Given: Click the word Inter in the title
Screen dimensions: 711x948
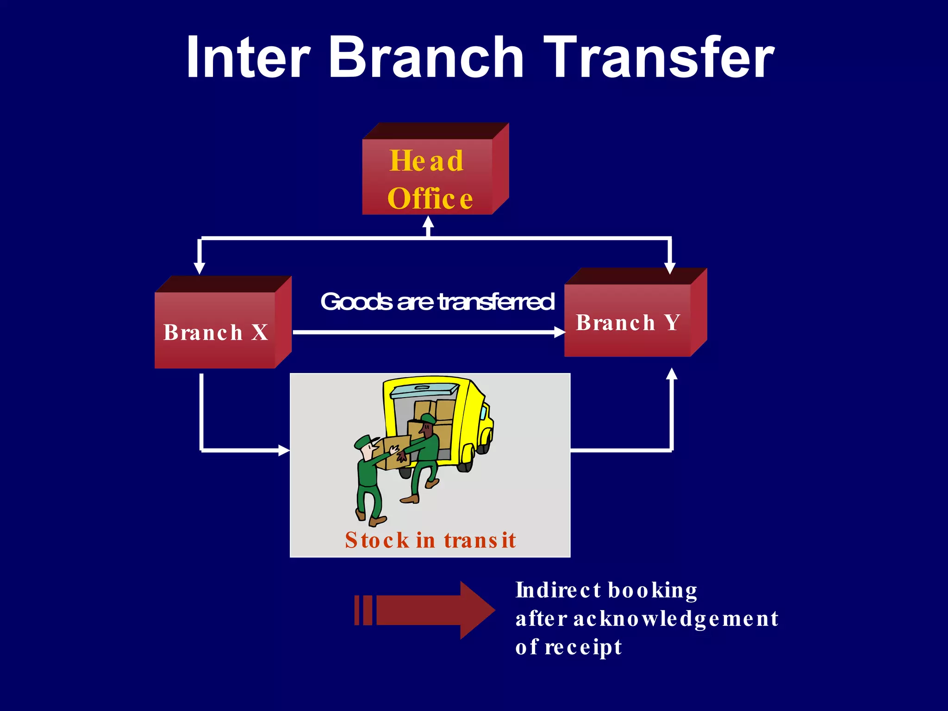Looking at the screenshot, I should pyautogui.click(x=248, y=58).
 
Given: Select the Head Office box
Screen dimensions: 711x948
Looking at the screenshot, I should pyautogui.click(x=428, y=178).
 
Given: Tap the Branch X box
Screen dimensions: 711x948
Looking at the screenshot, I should pyautogui.click(x=216, y=331).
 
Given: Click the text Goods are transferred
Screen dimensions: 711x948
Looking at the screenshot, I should pyautogui.click(x=437, y=302).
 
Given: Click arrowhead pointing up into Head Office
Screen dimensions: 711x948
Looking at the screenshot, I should pyautogui.click(x=429, y=222).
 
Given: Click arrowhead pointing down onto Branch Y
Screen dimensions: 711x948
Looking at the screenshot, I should pyautogui.click(x=670, y=268).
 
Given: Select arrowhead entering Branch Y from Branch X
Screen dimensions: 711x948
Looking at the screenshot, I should pyautogui.click(x=560, y=332).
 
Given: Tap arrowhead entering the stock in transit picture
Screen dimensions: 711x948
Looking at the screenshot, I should pyautogui.click(x=284, y=450).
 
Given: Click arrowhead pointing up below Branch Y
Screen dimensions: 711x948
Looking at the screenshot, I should pyautogui.click(x=672, y=374).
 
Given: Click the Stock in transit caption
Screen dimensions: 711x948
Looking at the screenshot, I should pyautogui.click(x=430, y=540).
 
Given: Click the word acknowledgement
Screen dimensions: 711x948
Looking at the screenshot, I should pyautogui.click(x=676, y=619).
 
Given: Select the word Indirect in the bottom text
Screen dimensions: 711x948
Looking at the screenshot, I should pyautogui.click(x=558, y=591).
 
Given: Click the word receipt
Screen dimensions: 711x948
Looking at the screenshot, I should pyautogui.click(x=583, y=647).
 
